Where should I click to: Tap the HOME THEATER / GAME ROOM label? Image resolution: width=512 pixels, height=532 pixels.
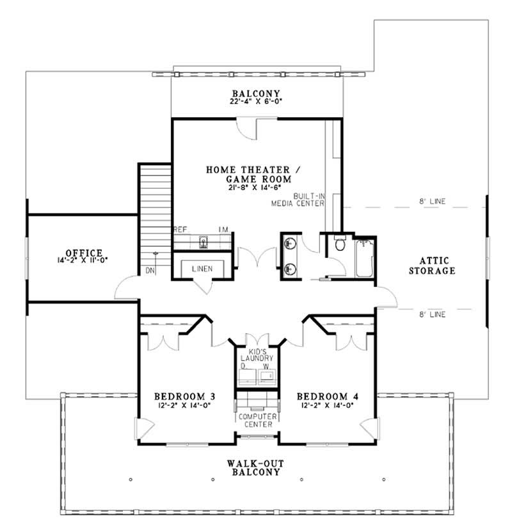[249, 174]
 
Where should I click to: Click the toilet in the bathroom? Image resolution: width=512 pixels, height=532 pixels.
[340, 245]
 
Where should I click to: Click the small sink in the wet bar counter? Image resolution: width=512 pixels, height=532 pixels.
[203, 241]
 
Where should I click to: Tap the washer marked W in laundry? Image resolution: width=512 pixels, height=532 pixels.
[268, 374]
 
